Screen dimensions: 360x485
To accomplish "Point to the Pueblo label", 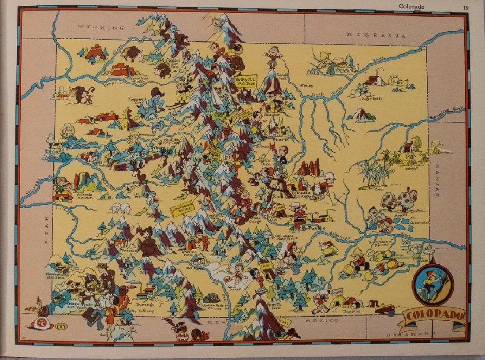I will pyautogui.click(x=317, y=228).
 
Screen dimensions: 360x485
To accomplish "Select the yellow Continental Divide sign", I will pyautogui.click(x=183, y=210).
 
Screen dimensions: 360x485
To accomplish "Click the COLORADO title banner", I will pyautogui.click(x=434, y=315).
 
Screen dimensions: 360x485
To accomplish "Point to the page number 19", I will pyautogui.click(x=466, y=7).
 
